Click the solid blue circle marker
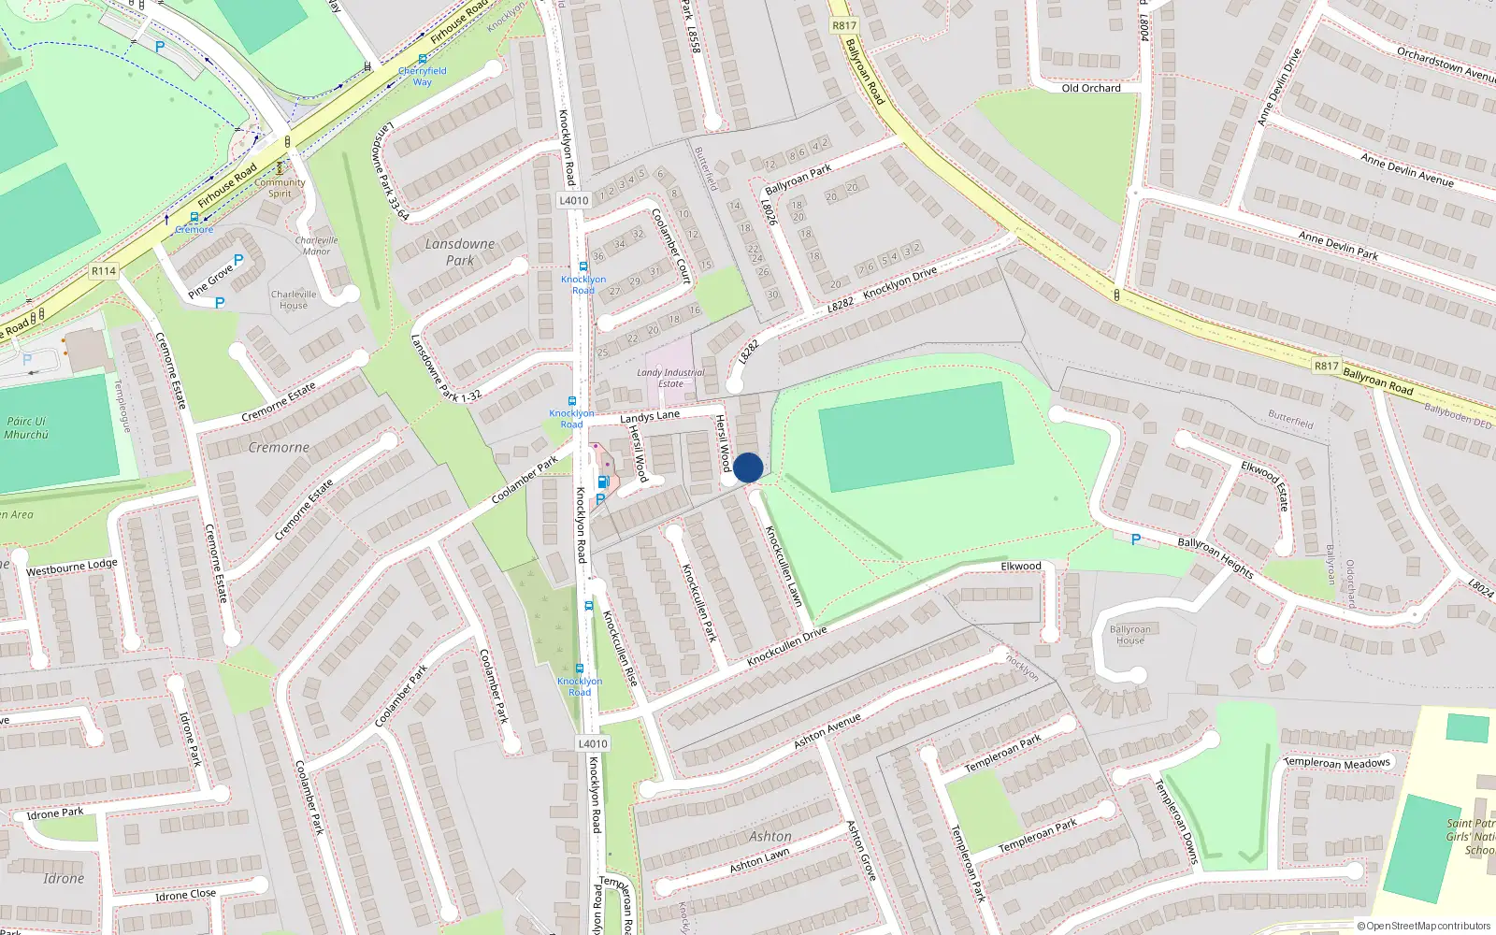[x=748, y=467]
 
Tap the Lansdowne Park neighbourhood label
[x=459, y=252]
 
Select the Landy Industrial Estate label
[x=670, y=378]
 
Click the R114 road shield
[x=104, y=271]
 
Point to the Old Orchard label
[x=1091, y=88]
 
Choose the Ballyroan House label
[x=1129, y=635]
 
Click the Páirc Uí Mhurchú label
[x=26, y=428]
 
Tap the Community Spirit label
[x=280, y=188]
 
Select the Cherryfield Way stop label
[x=423, y=76]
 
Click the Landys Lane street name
[x=650, y=416]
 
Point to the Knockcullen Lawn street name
[x=784, y=566]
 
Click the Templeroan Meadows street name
[x=1338, y=763]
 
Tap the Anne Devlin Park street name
[x=1338, y=245]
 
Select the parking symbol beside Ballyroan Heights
[x=1136, y=539]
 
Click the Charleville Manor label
[x=316, y=246]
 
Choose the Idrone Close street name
[x=185, y=895]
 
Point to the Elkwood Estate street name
[x=1265, y=484]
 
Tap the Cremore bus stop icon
[x=194, y=217]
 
